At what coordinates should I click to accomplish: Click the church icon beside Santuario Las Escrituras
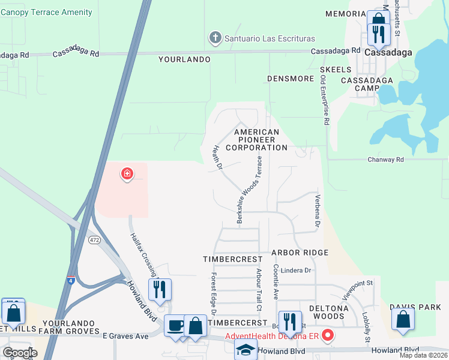pos(215,38)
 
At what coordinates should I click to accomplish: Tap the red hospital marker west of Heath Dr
pos(127,175)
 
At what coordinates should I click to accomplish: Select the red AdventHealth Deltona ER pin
pos(328,335)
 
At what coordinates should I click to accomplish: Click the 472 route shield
pos(94,239)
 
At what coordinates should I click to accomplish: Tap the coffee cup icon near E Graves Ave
pos(175,326)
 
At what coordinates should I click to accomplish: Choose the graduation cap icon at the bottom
pos(246,350)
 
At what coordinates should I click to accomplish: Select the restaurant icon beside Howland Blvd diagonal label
pos(160,290)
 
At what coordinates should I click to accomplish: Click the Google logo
pos(20,352)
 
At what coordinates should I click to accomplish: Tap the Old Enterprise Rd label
pos(325,100)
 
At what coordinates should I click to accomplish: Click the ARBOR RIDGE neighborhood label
pos(300,253)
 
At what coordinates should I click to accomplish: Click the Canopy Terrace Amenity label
pos(47,12)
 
